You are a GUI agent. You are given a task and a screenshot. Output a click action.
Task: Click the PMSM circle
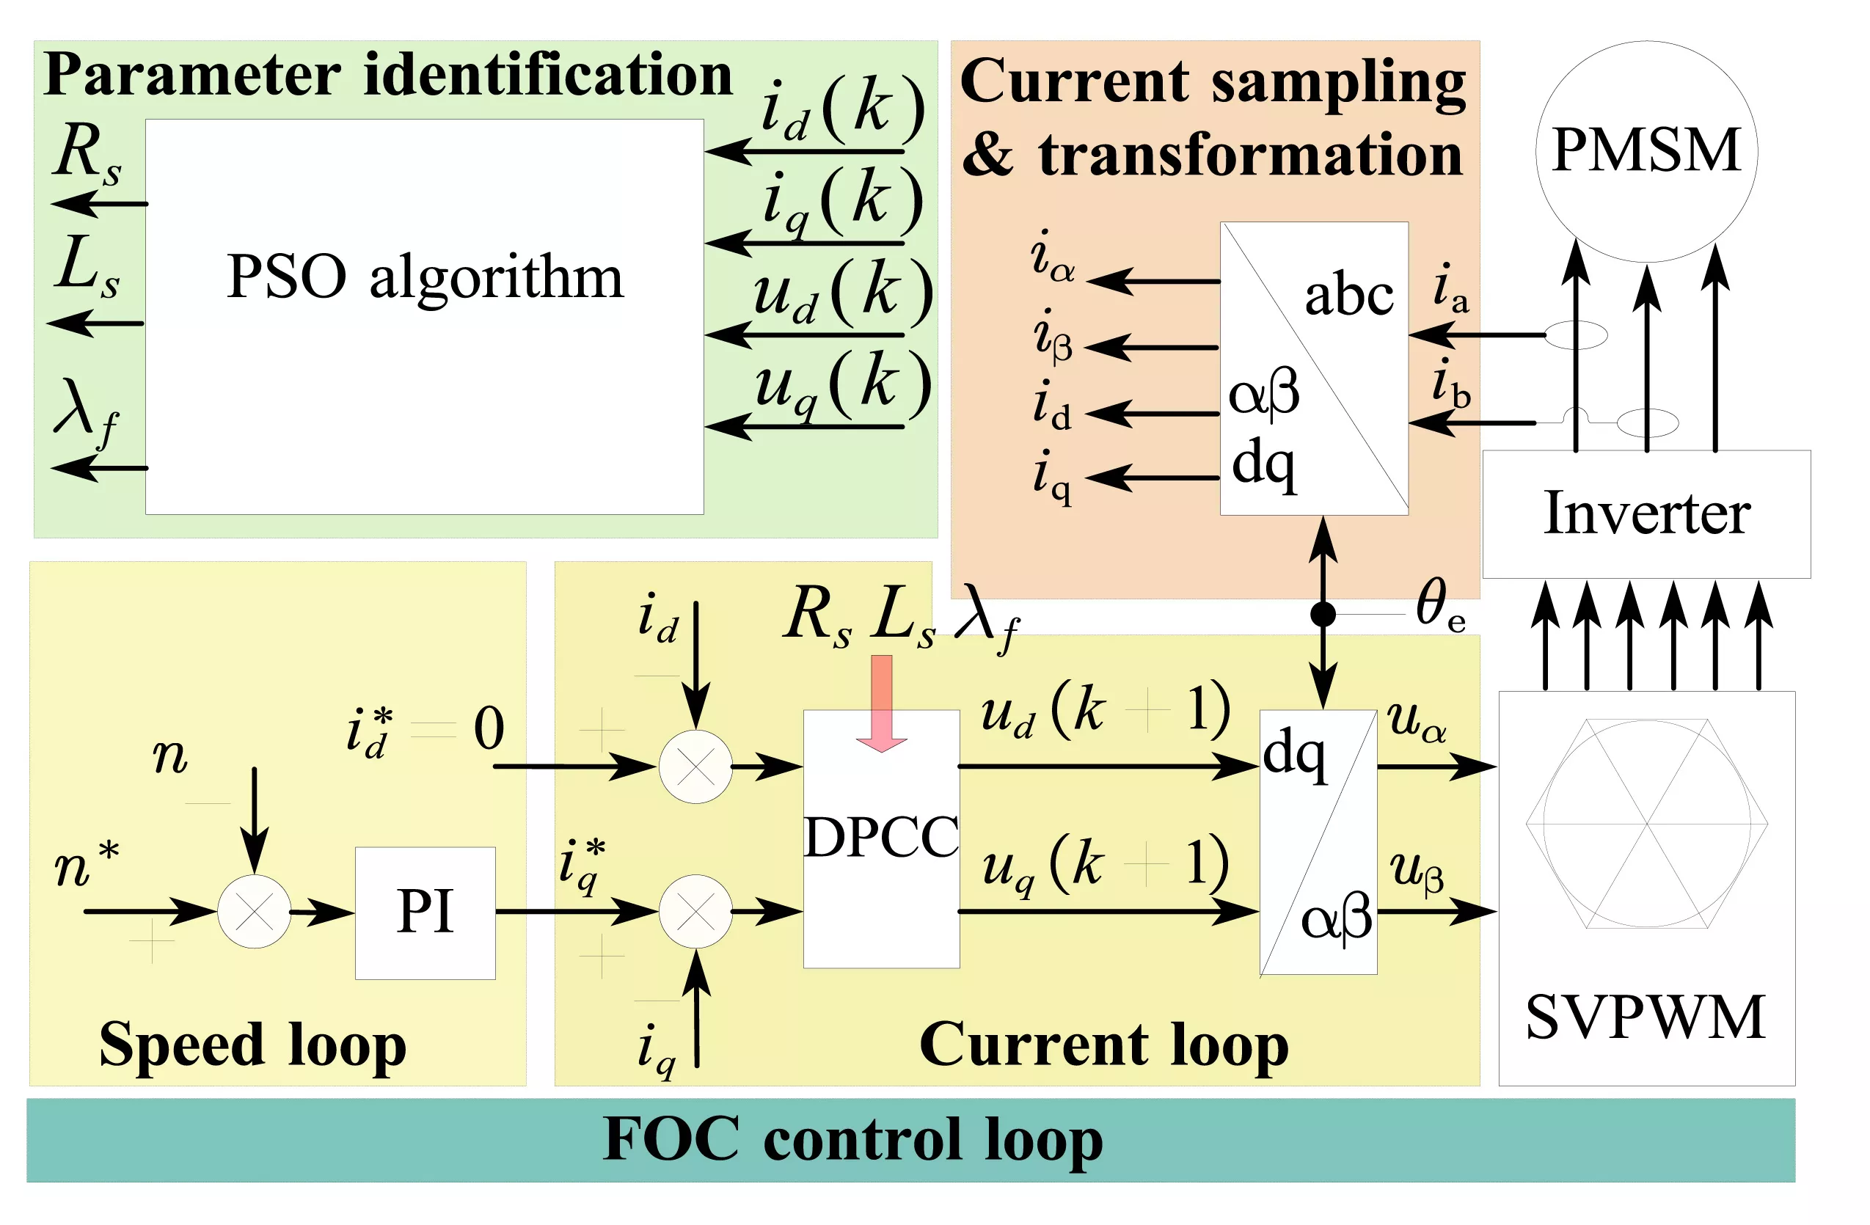click(1646, 151)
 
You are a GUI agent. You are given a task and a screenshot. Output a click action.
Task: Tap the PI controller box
click(425, 913)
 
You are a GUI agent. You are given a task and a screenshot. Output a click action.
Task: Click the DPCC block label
click(881, 838)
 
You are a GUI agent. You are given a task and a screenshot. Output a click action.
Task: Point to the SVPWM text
click(1646, 1018)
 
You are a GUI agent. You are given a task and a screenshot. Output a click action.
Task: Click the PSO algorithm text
click(424, 277)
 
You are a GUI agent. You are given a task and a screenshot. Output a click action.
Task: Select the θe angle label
click(1440, 605)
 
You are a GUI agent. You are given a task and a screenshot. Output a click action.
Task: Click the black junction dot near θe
click(1323, 614)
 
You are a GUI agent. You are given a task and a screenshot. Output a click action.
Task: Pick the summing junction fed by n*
click(254, 912)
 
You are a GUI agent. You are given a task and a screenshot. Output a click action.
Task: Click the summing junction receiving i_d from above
click(695, 766)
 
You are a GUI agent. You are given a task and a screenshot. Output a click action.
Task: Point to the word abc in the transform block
click(1348, 296)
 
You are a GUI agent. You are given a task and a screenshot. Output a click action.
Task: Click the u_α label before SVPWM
click(1416, 721)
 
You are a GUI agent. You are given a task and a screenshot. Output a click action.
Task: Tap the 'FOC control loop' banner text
click(852, 1138)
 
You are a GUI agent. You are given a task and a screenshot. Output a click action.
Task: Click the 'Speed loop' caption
click(253, 1045)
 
